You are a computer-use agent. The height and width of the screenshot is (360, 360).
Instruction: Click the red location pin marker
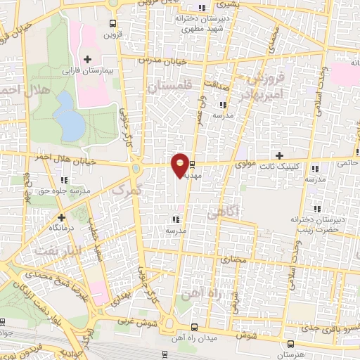pos(181,165)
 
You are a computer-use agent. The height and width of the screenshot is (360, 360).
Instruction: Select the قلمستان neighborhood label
pos(170,86)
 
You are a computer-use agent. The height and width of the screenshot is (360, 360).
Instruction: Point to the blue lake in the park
pos(70,117)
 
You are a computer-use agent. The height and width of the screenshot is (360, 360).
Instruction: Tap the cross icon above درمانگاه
pos(61,217)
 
